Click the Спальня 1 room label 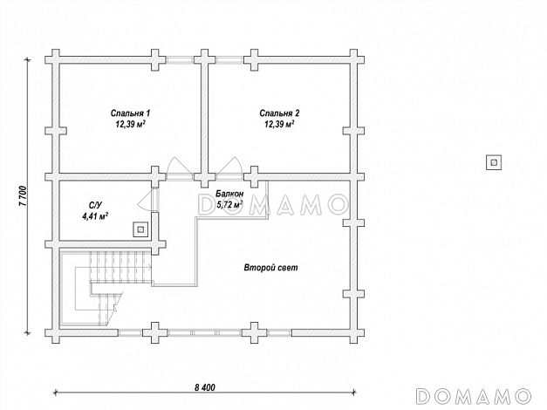131,113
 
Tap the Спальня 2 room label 279,113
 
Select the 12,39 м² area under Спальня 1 131,124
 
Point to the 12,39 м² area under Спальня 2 279,124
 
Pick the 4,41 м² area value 95,216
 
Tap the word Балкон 229,194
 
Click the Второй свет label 271,268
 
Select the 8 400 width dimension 205,387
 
